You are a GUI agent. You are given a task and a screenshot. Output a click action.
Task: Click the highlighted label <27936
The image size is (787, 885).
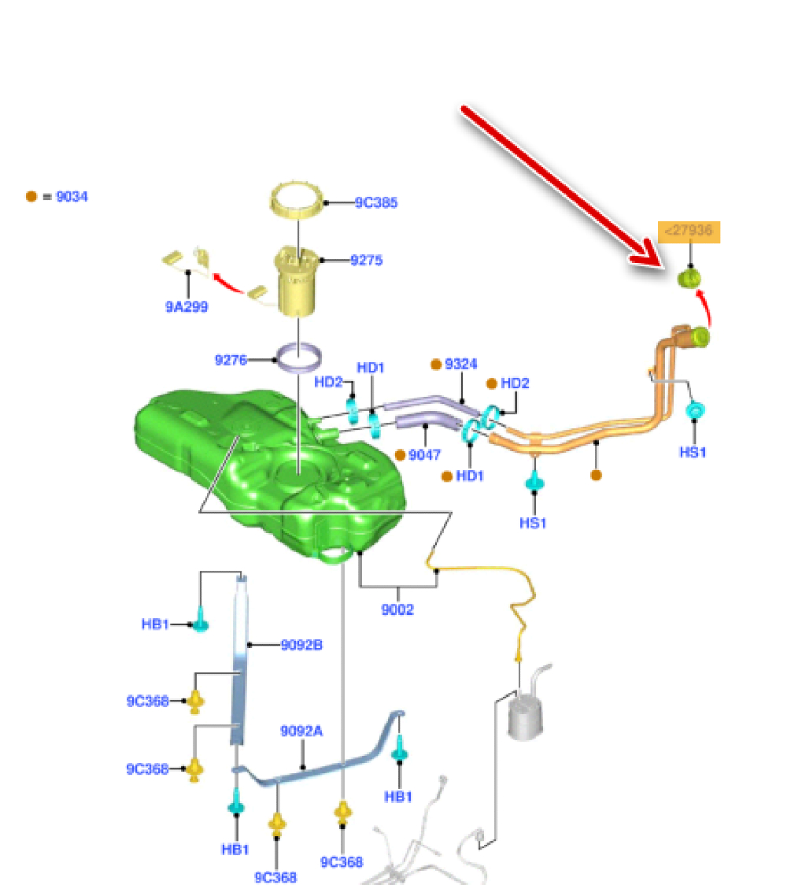point(689,231)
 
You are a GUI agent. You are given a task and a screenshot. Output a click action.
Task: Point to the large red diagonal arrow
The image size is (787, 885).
point(563,185)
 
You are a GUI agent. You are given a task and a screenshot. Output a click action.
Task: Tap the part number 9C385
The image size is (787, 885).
point(375,202)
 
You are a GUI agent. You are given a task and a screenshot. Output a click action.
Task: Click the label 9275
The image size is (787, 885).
point(366,259)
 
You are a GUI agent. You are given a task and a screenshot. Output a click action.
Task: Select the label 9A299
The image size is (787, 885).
point(187,307)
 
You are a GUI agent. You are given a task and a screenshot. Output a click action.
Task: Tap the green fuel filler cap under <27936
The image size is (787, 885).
point(690,278)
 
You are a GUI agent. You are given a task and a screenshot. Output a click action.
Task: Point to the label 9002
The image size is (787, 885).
point(397,609)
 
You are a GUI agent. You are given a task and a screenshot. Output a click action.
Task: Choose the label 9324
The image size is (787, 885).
point(460,364)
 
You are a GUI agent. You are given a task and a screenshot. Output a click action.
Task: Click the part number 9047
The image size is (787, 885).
point(424,454)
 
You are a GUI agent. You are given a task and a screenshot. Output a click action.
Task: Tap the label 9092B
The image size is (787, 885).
point(301,645)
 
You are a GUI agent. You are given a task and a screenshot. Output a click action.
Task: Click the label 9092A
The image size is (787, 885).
point(301,731)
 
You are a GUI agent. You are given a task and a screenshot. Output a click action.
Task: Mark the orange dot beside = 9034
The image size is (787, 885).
point(31,196)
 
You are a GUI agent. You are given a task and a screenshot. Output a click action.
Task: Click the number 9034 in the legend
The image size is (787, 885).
point(71,196)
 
